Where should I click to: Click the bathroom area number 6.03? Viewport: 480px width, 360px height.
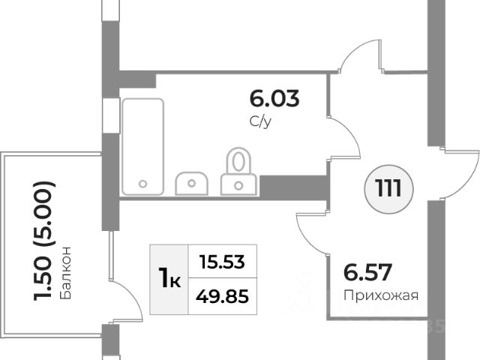(x=274, y=99)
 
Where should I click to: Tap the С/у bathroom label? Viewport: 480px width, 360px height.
(x=260, y=120)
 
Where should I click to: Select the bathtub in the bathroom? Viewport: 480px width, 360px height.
(x=142, y=145)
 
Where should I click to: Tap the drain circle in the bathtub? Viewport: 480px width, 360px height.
(x=143, y=183)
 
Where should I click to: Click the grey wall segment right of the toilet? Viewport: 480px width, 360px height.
(x=293, y=184)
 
